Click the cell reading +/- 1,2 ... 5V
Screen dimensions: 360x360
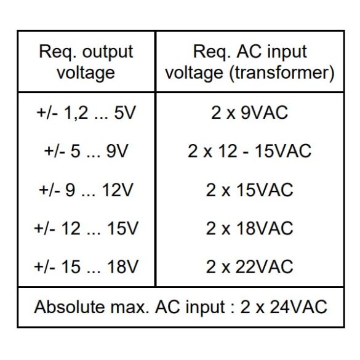click(x=86, y=113)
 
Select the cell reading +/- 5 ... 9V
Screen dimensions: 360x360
click(x=86, y=151)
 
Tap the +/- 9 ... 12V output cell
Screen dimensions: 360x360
click(x=86, y=190)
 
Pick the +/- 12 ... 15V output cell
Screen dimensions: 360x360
click(x=86, y=228)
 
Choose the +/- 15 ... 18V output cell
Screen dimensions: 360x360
click(x=86, y=267)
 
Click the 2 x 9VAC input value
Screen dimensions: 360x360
click(x=250, y=113)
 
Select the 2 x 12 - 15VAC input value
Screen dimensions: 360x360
click(x=250, y=151)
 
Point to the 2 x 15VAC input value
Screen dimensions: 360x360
click(x=250, y=190)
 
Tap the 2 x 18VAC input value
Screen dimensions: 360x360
click(x=250, y=228)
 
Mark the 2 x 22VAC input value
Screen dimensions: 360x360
click(x=250, y=267)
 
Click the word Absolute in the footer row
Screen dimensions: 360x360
click(x=70, y=306)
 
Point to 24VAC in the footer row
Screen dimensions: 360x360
click(x=298, y=306)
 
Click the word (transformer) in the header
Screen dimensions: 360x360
click(x=282, y=73)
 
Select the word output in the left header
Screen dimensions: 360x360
click(x=108, y=52)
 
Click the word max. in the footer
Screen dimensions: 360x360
click(x=130, y=306)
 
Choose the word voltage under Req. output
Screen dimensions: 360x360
click(x=86, y=74)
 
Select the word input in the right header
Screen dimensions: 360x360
click(x=287, y=52)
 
